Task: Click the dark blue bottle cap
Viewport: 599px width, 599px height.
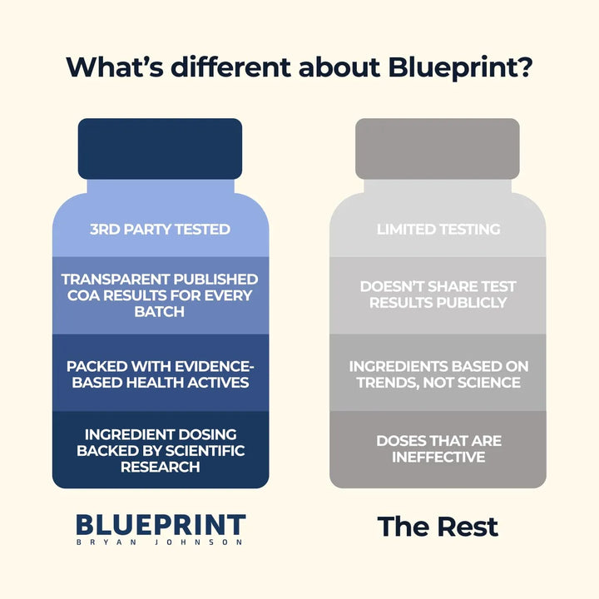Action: (160, 148)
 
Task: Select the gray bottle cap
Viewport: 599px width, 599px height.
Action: (438, 148)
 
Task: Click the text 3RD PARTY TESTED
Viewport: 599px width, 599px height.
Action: (160, 229)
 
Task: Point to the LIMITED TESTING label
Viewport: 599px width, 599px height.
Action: (438, 229)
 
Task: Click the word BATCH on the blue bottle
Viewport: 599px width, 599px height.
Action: (160, 312)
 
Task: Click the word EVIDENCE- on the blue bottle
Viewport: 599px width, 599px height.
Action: (210, 366)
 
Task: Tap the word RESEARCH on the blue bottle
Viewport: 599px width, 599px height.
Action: (160, 468)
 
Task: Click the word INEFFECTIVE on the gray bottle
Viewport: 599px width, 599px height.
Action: (438, 457)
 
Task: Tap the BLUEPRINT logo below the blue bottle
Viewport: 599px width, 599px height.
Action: (161, 525)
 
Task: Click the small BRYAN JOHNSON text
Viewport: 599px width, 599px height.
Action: (161, 542)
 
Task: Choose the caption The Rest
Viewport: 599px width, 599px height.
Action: (438, 527)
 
